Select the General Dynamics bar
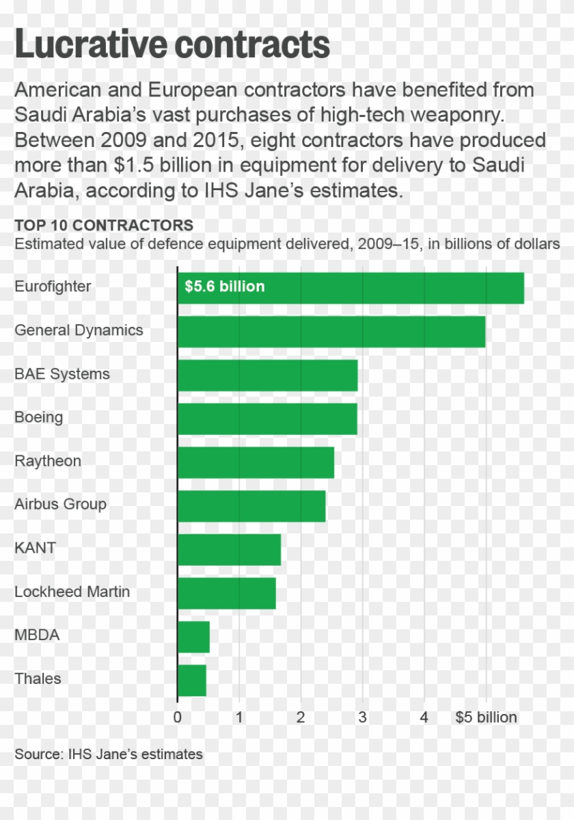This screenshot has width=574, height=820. [331, 332]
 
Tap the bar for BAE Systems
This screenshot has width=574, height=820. [267, 375]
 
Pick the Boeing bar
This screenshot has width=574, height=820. [267, 419]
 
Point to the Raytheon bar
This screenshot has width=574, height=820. [256, 462]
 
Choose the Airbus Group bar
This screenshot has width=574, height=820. [251, 506]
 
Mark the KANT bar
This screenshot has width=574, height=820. [229, 550]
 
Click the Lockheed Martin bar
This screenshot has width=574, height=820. [226, 593]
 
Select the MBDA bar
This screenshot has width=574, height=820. [193, 637]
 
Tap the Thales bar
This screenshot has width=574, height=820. [192, 680]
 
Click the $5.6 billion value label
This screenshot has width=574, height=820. [224, 287]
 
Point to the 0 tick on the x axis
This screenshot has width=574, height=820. [178, 717]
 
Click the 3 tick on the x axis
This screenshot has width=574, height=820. [362, 717]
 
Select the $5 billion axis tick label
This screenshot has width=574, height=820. [486, 717]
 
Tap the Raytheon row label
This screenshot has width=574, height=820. [48, 461]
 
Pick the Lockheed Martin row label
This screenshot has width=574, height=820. [72, 592]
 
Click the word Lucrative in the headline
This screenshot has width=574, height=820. [90, 45]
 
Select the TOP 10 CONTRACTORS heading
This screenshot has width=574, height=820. [104, 226]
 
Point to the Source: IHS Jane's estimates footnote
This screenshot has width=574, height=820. [109, 754]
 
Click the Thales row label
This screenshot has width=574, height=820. [38, 678]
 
